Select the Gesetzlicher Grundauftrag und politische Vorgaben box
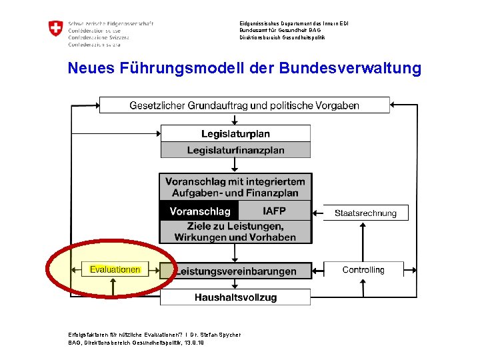[x=244, y=105]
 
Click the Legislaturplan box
[x=235, y=133]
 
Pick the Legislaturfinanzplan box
[x=235, y=150]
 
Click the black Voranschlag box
[x=199, y=211]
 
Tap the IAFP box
[x=274, y=211]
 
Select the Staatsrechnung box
[x=365, y=213]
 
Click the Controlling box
[x=363, y=270]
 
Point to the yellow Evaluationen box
[x=115, y=270]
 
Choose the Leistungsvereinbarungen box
[x=235, y=271]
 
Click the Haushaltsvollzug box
[x=235, y=297]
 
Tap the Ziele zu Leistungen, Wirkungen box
[x=235, y=232]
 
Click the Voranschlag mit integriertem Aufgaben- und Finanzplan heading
[x=235, y=187]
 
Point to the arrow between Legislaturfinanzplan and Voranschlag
[x=235, y=165]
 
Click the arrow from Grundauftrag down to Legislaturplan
[x=235, y=119]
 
